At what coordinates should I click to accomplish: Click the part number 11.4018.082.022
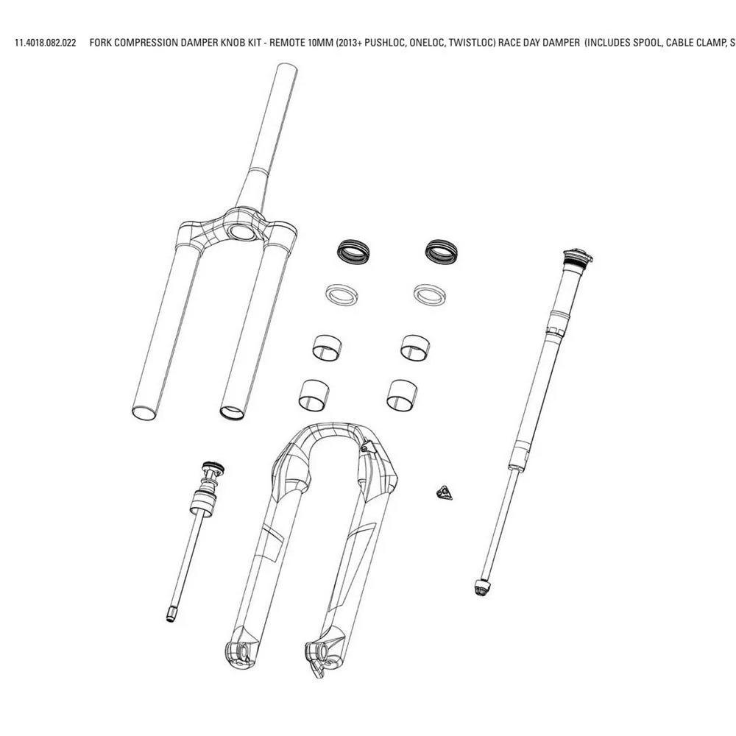tap(46, 43)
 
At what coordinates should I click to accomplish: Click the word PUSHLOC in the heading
tap(384, 43)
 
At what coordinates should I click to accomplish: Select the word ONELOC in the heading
tap(426, 43)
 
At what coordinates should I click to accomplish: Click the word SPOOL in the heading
tap(647, 43)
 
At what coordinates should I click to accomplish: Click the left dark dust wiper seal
tap(353, 251)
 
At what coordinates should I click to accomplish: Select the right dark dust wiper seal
tap(441, 251)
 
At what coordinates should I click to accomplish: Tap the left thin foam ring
tap(342, 295)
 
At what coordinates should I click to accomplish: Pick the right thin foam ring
tap(430, 295)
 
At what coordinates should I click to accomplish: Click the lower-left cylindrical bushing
tap(314, 394)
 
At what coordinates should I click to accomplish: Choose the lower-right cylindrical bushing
tap(403, 394)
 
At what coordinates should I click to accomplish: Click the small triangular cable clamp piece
tap(444, 493)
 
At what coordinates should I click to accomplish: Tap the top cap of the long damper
tap(578, 257)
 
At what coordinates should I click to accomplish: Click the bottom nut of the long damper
tap(483, 587)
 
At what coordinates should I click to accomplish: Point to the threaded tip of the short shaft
tap(171, 614)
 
